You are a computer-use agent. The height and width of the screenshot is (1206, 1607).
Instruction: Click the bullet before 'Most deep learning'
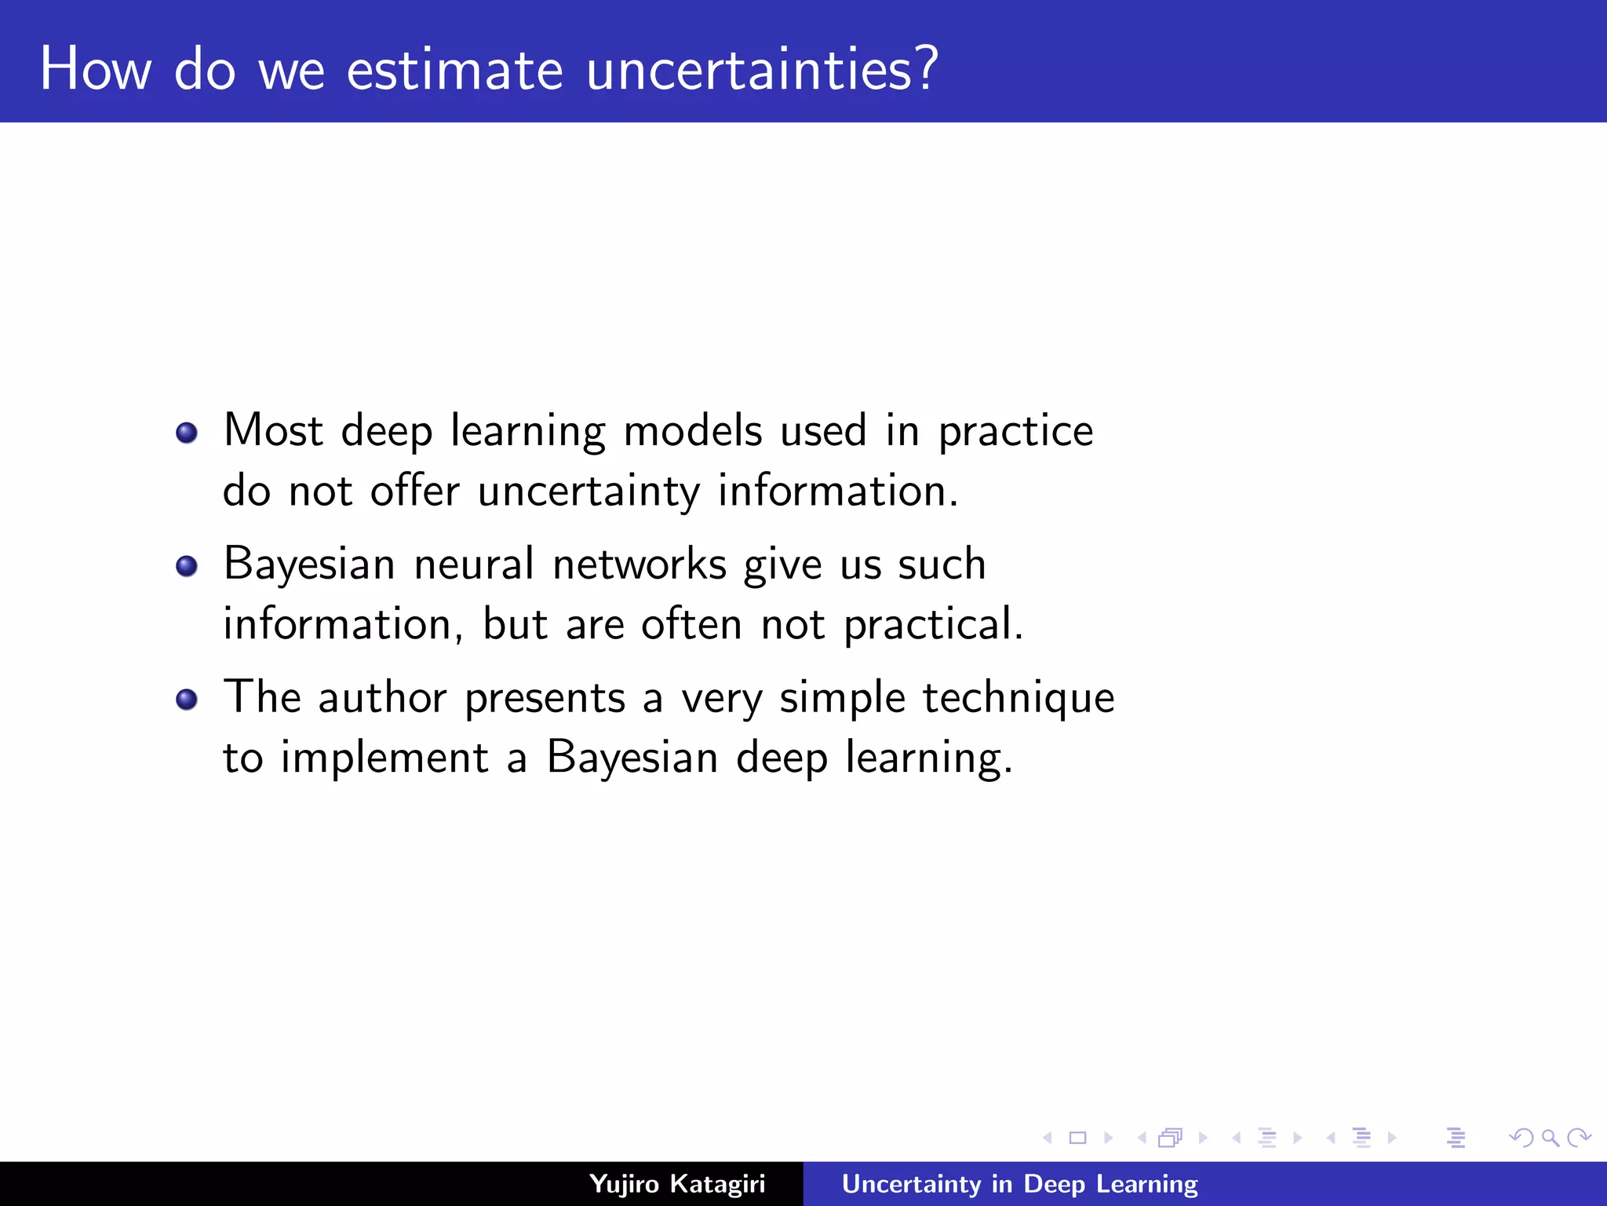pyautogui.click(x=187, y=433)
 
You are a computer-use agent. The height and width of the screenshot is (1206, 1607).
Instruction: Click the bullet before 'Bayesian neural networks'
pyautogui.click(x=187, y=566)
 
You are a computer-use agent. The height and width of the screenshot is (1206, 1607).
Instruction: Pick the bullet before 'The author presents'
pyautogui.click(x=187, y=699)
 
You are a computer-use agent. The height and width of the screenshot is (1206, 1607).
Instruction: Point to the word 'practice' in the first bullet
pyautogui.click(x=1015, y=433)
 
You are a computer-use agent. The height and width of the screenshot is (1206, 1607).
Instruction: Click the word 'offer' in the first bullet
pyautogui.click(x=414, y=492)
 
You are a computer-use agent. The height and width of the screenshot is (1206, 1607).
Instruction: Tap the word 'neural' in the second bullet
pyautogui.click(x=474, y=565)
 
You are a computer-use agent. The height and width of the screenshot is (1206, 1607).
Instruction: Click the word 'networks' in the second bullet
pyautogui.click(x=640, y=565)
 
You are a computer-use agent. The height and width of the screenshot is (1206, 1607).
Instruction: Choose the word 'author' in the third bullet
pyautogui.click(x=382, y=697)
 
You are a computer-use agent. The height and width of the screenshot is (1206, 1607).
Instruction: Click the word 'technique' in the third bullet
pyautogui.click(x=1018, y=699)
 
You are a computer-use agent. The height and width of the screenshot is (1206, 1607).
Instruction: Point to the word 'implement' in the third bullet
pyautogui.click(x=384, y=759)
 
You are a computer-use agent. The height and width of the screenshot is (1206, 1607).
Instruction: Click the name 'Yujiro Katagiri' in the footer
pyautogui.click(x=676, y=1184)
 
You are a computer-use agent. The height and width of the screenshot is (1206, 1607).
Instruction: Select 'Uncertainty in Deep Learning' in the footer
pyautogui.click(x=1019, y=1184)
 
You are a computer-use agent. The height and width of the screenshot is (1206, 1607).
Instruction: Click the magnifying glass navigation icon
pyautogui.click(x=1550, y=1138)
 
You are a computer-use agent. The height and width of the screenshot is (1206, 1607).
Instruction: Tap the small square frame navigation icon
pyautogui.click(x=1077, y=1138)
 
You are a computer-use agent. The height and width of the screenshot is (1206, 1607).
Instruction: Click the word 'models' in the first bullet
pyautogui.click(x=692, y=431)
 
